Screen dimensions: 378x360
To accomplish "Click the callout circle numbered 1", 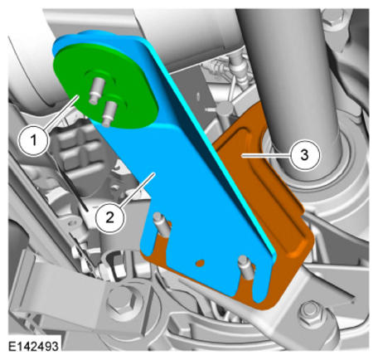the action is tap(33, 140).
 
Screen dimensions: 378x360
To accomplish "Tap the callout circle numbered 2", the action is tap(109, 217).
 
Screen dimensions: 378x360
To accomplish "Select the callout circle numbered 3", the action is tap(304, 154).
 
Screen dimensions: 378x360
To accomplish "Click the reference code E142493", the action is tap(33, 346).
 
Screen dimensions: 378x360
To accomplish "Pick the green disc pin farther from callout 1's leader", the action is tap(109, 112).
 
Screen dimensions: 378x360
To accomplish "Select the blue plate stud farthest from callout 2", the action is tap(246, 267).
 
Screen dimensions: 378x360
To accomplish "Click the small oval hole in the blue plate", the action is tap(201, 262).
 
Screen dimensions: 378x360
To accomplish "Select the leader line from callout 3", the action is tap(265, 156).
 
